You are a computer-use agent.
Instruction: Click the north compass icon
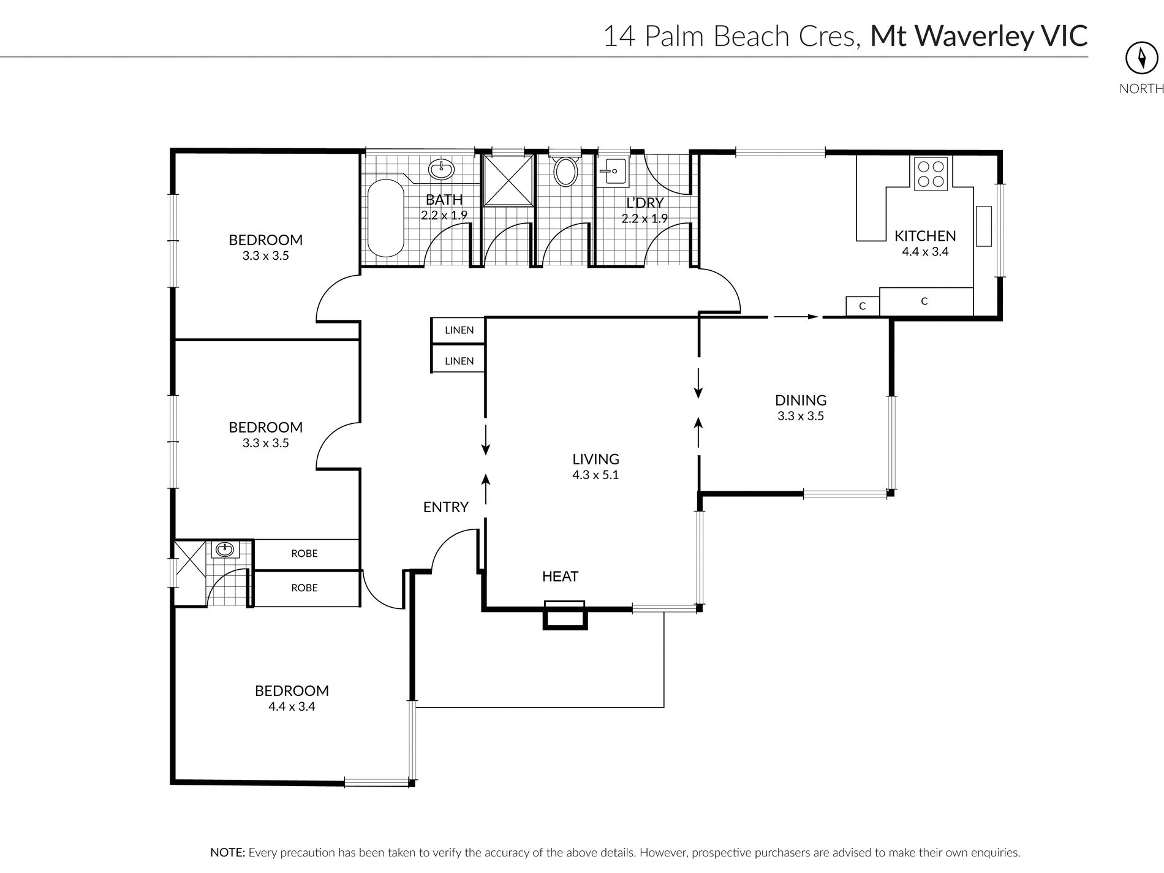coord(1141,58)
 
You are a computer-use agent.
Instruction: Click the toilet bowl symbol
coord(565,172)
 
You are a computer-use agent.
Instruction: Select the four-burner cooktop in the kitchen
coord(931,173)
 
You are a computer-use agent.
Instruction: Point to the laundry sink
coord(613,171)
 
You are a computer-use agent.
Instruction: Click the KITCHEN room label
coord(925,236)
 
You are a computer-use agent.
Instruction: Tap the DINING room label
coord(801,400)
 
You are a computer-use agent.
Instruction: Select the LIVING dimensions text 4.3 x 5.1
coord(595,475)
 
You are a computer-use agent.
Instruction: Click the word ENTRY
coord(446,507)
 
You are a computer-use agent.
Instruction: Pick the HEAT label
coord(560,576)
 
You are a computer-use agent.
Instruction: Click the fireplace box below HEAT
coord(564,614)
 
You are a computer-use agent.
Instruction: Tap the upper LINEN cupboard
coord(458,331)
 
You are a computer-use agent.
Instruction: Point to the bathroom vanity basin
coord(440,168)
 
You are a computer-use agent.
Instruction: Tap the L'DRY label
coord(644,203)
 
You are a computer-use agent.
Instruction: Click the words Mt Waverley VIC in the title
coord(979,36)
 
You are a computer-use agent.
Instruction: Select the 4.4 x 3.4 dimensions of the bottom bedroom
coord(292,706)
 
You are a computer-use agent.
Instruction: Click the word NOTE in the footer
coord(228,852)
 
